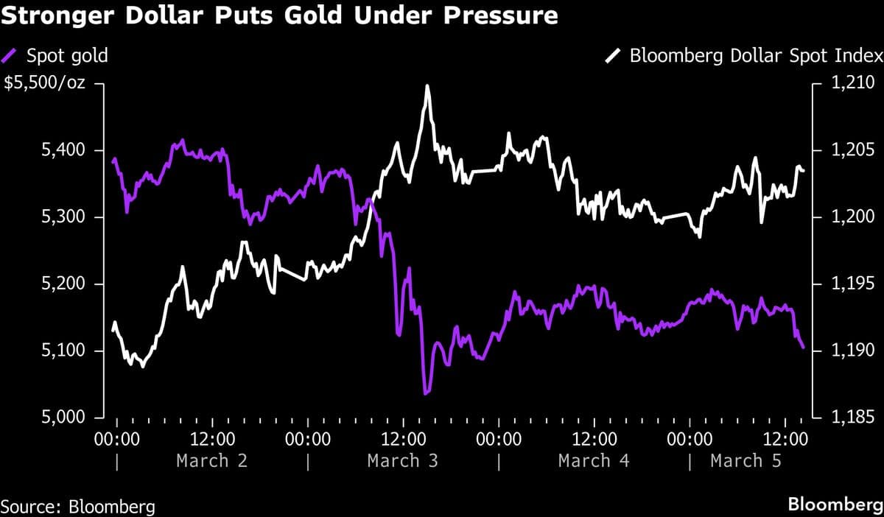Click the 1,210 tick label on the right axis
852,84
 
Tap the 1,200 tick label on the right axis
852,217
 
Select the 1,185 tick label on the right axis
852,418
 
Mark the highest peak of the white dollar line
427,86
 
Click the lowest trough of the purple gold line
425,393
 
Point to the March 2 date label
212,461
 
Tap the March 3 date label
403,461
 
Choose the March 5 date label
746,461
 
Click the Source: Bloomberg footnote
78,506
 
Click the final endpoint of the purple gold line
803,347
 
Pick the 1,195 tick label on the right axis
852,284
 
